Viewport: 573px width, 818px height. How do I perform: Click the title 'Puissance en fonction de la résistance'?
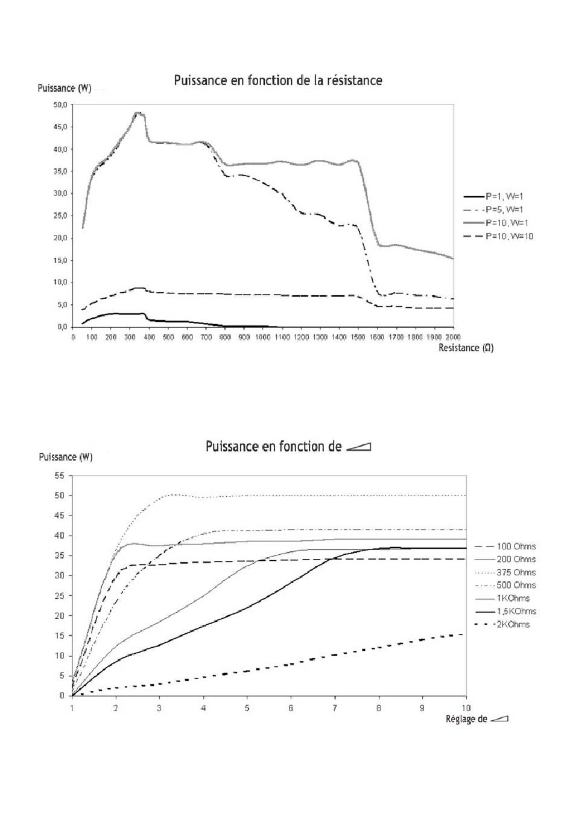tap(277, 81)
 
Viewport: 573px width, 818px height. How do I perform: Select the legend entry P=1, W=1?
tap(493, 196)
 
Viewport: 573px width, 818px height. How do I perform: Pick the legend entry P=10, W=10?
tap(498, 236)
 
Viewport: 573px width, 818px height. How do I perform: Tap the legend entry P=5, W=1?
tap(493, 209)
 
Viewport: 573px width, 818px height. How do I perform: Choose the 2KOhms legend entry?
tap(502, 624)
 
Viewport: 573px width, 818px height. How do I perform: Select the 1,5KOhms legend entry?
tap(505, 611)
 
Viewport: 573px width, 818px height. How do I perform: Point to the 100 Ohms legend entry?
tap(505, 546)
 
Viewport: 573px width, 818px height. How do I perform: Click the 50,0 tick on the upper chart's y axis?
tap(60, 105)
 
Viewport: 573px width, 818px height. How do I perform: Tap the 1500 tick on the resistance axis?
tap(358, 337)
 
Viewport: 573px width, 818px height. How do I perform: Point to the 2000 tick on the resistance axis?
tap(454, 337)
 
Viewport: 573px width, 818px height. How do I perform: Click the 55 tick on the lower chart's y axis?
tap(60, 476)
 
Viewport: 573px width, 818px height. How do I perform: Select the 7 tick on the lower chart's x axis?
tap(335, 708)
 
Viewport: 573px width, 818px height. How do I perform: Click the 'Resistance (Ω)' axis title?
tap(466, 348)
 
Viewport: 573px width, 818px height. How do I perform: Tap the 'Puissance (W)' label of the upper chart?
tap(65, 88)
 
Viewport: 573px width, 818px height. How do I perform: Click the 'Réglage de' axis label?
tap(466, 719)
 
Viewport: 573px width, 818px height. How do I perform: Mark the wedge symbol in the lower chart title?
tap(358, 447)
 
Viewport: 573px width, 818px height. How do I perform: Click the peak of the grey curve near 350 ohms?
tap(138, 113)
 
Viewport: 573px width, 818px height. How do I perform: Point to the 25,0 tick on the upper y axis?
tap(60, 216)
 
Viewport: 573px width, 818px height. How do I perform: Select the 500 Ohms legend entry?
tap(505, 585)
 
